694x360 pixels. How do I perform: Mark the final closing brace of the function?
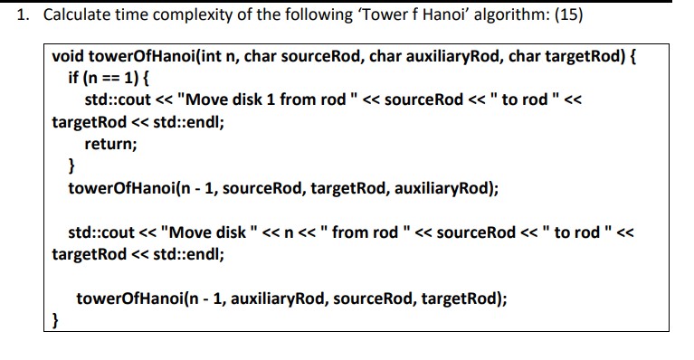(55, 320)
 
